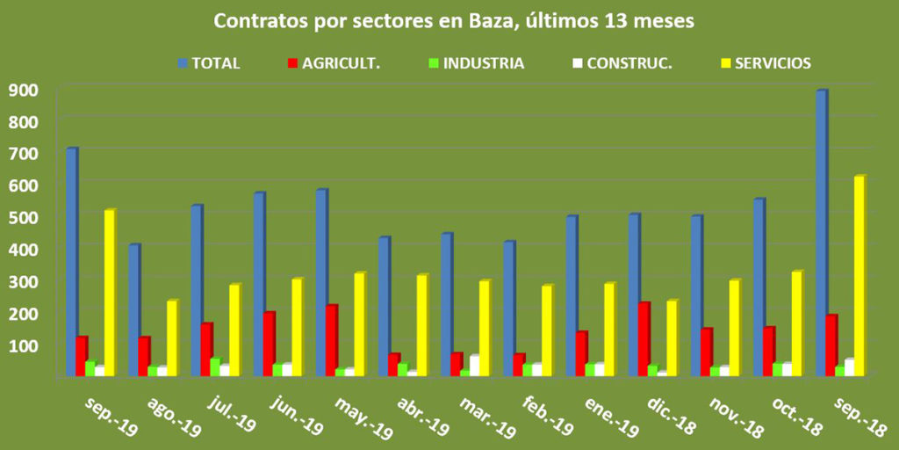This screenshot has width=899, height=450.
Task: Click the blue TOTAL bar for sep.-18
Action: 821,233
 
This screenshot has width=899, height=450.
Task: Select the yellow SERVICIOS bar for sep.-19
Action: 109,293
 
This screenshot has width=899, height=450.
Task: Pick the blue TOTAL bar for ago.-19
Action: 133,310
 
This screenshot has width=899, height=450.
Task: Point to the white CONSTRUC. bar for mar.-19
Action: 475,366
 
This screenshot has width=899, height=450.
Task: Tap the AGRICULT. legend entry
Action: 333,63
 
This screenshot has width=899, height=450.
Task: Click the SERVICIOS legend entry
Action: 765,63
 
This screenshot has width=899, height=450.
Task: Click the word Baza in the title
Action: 478,21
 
